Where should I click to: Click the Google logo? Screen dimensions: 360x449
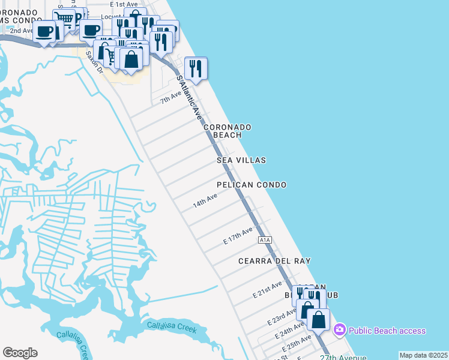point(20,353)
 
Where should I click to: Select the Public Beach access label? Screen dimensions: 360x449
point(387,331)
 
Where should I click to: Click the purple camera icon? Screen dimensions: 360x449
point(340,330)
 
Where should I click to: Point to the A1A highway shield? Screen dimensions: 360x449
point(265,240)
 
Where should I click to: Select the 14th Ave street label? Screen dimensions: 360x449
point(205,200)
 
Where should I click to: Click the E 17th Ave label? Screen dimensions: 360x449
point(238,235)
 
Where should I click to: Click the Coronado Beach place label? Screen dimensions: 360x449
point(227,131)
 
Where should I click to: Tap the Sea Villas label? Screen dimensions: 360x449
point(241,161)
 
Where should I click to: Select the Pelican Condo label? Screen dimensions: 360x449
point(252,185)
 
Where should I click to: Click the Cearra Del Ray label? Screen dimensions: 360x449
point(274,261)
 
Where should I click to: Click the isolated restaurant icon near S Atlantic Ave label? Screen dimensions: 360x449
point(196,68)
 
